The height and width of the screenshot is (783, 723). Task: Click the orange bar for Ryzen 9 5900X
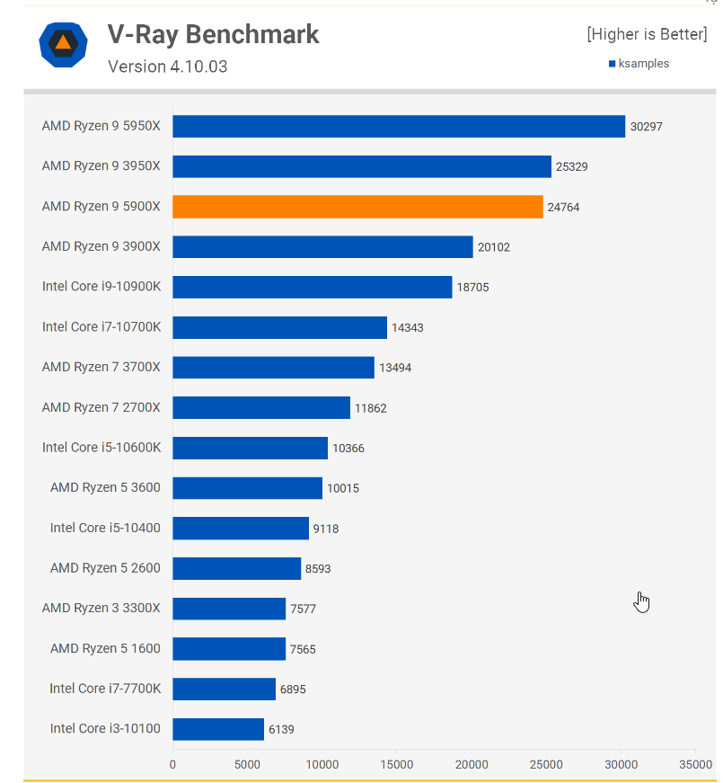point(357,207)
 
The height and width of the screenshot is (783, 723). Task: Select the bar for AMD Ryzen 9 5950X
point(399,127)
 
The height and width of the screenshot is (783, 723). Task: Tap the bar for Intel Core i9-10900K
point(312,287)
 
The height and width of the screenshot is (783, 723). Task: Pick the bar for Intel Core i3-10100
point(218,728)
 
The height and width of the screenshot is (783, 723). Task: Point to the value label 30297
point(646,127)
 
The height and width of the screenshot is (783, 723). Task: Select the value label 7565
point(303,649)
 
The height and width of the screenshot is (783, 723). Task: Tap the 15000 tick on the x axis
point(397,765)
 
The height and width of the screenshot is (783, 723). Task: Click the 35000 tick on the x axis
point(694,765)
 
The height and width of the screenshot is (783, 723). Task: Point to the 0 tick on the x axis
point(172,765)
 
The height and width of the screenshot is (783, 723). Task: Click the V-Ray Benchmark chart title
point(214,34)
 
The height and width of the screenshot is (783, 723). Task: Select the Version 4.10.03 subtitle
point(167,67)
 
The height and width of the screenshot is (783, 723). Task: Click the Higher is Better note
point(647,34)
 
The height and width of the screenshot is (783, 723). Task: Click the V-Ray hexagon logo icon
point(63,43)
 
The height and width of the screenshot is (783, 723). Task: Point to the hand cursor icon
point(641,601)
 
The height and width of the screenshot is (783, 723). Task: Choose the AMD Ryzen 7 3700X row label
point(101,368)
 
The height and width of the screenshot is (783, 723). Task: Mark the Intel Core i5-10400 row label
point(105,528)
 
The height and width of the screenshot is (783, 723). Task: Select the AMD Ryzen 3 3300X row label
point(101,608)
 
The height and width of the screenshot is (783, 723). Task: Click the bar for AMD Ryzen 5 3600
point(247,488)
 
